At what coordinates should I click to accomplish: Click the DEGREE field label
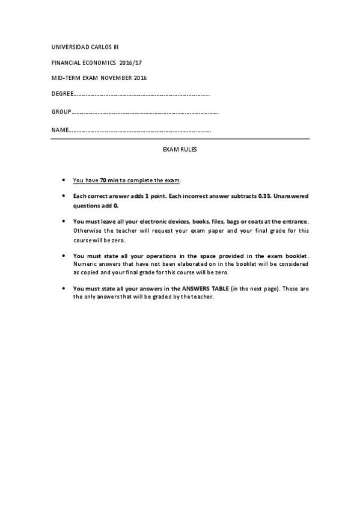coord(61,94)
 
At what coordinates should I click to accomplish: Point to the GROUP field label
coord(61,112)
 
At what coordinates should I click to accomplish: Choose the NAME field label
coord(60,130)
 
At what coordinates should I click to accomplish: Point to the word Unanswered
coord(292,196)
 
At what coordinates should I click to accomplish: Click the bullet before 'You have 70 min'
coord(64,180)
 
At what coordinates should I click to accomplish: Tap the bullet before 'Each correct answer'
coord(64,196)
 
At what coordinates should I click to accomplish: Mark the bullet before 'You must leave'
coord(64,221)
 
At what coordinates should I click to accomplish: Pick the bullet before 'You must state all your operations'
coord(64,255)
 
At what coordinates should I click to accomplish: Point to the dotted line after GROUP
coord(144,112)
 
